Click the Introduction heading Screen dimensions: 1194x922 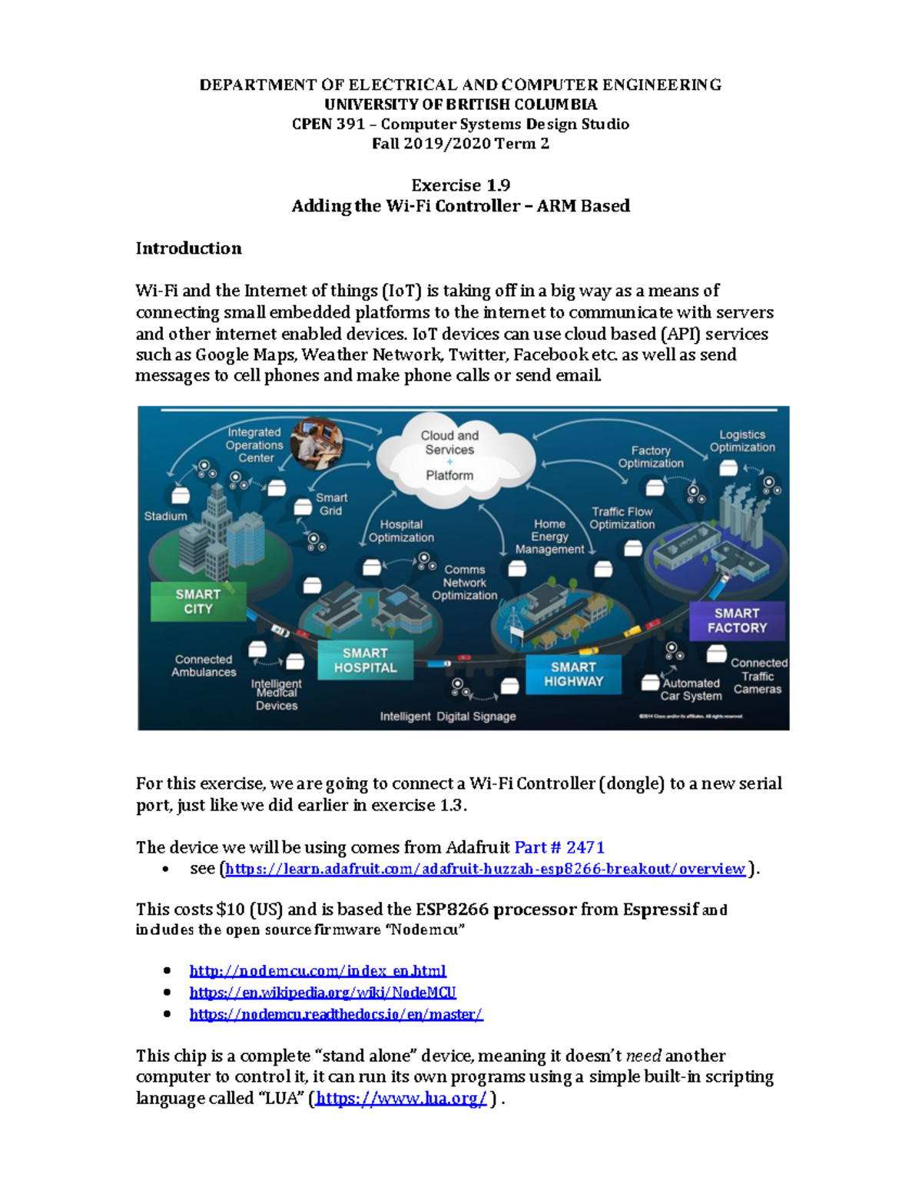click(x=188, y=248)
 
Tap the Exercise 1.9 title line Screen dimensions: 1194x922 click(x=460, y=185)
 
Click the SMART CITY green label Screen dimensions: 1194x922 click(x=198, y=601)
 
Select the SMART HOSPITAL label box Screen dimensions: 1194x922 click(x=365, y=660)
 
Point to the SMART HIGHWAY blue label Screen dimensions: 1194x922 click(x=573, y=674)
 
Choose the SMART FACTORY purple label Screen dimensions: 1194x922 click(x=737, y=620)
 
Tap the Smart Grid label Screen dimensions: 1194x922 click(x=331, y=504)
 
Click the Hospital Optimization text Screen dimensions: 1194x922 click(x=401, y=531)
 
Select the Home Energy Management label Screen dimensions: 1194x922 click(x=549, y=537)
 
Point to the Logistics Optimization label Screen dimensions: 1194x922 click(x=742, y=441)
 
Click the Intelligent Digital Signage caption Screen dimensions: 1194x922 click(x=448, y=717)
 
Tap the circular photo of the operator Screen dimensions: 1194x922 click(x=317, y=442)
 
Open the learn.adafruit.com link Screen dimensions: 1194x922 click(x=485, y=869)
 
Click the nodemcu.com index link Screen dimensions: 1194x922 click(x=317, y=971)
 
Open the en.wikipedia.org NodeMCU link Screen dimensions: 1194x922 click(x=323, y=993)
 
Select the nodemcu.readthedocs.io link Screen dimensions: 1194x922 click(x=336, y=1014)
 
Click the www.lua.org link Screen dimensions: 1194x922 click(x=400, y=1098)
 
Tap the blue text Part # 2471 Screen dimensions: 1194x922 click(x=559, y=847)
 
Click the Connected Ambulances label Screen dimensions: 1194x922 click(x=204, y=666)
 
